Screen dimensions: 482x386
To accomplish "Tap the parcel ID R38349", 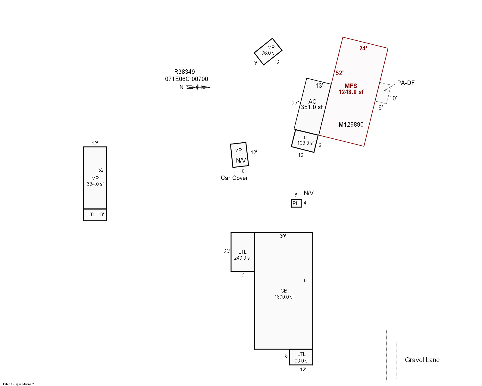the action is (x=185, y=72).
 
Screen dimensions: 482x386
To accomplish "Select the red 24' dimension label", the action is (x=363, y=49).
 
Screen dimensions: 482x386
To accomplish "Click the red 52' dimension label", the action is (x=340, y=73).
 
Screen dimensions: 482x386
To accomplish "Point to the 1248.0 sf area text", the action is (x=351, y=92).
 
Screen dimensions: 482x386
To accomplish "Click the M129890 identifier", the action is (x=351, y=125).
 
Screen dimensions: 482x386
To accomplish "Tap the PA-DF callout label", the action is (x=406, y=83).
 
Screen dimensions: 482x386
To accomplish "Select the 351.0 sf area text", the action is (x=312, y=107).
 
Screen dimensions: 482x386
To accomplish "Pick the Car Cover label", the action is (x=234, y=178).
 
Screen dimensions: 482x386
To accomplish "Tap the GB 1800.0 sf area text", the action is (x=284, y=294).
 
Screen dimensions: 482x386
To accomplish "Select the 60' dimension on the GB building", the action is (x=307, y=280).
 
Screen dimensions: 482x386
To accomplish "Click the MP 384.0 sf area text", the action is (x=95, y=181).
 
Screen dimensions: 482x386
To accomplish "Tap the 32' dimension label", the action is (x=101, y=170).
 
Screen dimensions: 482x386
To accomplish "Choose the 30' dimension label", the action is (x=283, y=236).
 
